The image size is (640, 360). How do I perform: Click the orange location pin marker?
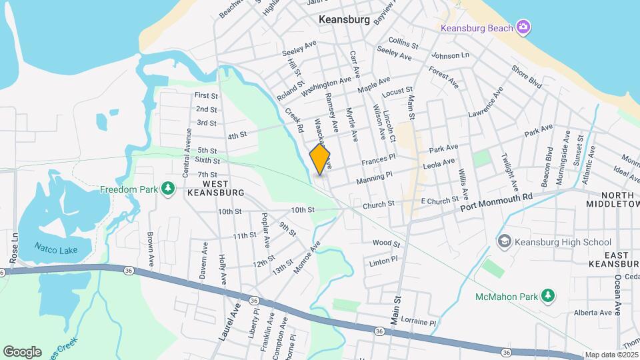pyautogui.click(x=321, y=159)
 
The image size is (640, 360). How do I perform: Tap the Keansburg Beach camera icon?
pyautogui.click(x=524, y=27)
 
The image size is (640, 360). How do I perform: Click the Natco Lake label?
pyautogui.click(x=56, y=251)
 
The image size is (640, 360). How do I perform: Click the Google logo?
pyautogui.click(x=22, y=351)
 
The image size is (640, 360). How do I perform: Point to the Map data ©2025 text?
pyautogui.click(x=611, y=355)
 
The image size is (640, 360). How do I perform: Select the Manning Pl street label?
pyautogui.click(x=374, y=177)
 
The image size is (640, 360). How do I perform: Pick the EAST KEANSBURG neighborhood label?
pyautogui.click(x=613, y=259)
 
